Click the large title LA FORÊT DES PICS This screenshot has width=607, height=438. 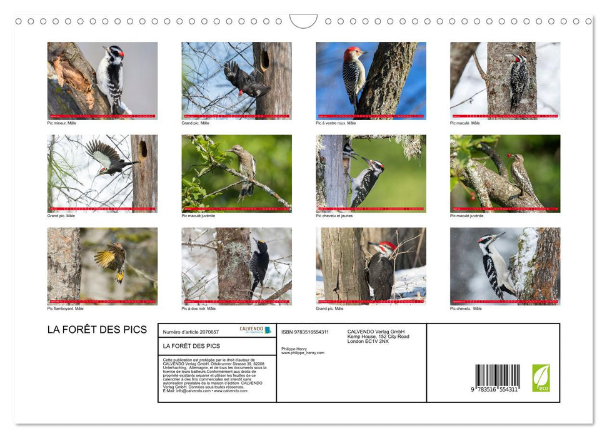97,330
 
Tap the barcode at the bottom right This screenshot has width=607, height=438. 497,378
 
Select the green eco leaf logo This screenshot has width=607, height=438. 541,378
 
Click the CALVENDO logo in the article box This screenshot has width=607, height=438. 255,330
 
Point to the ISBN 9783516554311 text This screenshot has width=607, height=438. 305,332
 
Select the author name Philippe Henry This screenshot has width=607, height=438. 294,349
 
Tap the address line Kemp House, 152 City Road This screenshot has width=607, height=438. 378,337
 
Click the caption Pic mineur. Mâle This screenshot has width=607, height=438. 62,123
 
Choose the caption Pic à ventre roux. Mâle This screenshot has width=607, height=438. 336,123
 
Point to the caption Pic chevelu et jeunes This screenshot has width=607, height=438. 334,216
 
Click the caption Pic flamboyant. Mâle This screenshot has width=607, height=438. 65,308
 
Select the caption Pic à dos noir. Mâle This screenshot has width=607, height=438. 199,308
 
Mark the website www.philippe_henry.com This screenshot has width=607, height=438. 303,353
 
